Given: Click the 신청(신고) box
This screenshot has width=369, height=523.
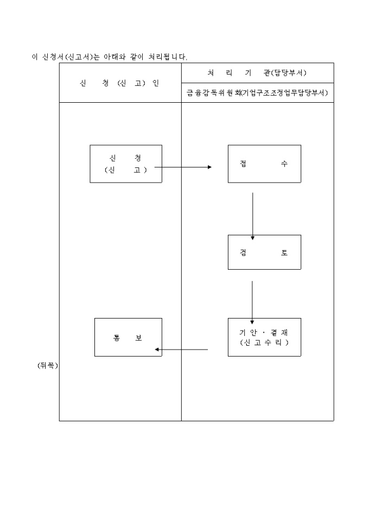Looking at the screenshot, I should coord(126,164).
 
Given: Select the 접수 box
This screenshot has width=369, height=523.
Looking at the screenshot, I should coord(264,164).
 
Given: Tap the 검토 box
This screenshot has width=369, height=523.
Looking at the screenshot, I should coord(264,252).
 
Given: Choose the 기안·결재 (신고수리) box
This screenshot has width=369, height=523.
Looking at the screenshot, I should coord(264,337).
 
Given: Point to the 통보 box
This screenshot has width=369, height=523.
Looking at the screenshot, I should coord(128,337).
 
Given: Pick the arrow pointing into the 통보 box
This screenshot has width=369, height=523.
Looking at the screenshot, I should coord(181,350).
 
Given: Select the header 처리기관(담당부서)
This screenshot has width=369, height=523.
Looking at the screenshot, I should coord(257,73).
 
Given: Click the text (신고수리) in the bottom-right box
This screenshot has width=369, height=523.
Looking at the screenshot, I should coord(264,343).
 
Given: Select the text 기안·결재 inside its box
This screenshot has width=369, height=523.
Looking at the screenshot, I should coord(264,332).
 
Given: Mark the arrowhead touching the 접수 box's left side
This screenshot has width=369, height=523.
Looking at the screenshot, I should coord(209,167).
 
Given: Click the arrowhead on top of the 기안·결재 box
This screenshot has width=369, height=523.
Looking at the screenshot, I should coord(252,322).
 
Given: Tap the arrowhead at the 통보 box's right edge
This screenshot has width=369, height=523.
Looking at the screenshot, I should coord(157,350).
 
